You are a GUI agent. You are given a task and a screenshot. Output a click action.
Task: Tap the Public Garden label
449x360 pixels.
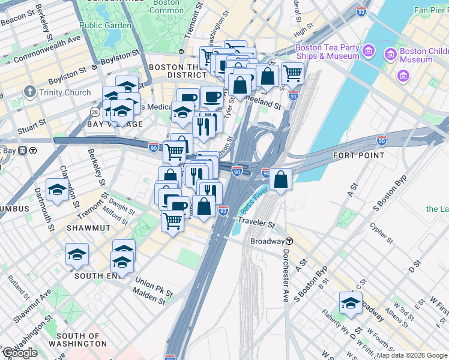[x=105, y=26]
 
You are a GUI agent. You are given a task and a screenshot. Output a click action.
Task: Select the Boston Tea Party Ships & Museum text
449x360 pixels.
[x=327, y=52]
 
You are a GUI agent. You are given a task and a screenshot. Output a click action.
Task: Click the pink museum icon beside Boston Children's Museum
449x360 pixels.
[x=391, y=55]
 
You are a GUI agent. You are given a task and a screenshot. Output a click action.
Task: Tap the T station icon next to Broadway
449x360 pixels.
[x=289, y=241]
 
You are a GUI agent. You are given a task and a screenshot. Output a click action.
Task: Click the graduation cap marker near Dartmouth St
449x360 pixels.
[x=57, y=190]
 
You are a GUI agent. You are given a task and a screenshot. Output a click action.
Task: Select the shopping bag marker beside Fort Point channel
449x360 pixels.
[x=280, y=178]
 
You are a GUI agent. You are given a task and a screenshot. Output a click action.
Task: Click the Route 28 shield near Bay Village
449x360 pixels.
[x=95, y=112]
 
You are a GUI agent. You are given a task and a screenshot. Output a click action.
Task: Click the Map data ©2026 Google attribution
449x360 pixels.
[x=412, y=355]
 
